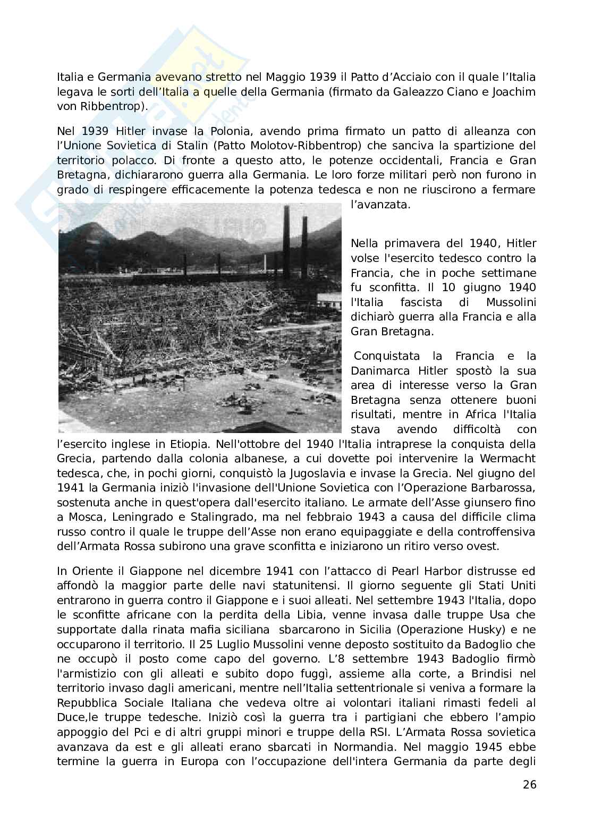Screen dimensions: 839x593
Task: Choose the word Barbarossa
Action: point(499,488)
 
